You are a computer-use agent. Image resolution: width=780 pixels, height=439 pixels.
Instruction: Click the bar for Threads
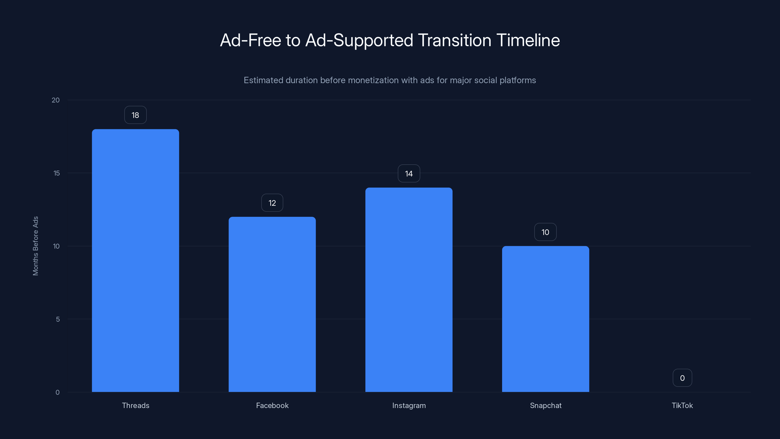click(x=135, y=260)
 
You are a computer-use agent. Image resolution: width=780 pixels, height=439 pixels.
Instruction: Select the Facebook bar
click(x=272, y=304)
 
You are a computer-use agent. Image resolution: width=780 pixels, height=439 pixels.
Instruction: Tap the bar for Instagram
click(x=409, y=290)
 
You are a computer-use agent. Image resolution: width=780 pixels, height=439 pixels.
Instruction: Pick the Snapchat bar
click(x=545, y=319)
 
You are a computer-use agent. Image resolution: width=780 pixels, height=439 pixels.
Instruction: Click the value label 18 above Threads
click(x=135, y=115)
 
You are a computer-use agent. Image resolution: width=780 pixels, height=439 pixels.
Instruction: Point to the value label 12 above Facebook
click(x=272, y=203)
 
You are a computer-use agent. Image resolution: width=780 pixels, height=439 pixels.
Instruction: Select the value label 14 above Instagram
click(x=409, y=174)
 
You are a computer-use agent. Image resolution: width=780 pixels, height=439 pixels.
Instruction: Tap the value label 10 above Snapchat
click(x=545, y=232)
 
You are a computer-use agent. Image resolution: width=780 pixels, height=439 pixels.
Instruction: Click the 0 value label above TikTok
click(x=682, y=378)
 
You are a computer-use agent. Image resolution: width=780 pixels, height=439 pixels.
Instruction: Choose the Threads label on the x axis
click(x=135, y=405)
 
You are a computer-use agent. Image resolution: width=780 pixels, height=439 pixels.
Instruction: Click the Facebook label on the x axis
click(x=272, y=405)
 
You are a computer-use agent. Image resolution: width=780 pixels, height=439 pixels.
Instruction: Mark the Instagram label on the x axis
click(x=409, y=405)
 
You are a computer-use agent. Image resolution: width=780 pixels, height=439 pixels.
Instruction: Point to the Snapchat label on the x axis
click(x=545, y=405)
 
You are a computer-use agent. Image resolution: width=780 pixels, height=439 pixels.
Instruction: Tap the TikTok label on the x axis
click(x=682, y=405)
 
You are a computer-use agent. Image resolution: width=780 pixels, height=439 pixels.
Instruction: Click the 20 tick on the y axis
click(x=56, y=100)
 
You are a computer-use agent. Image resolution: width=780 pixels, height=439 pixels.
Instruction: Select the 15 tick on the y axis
click(x=56, y=173)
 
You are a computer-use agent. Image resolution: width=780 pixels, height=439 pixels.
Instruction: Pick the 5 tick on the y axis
click(x=58, y=319)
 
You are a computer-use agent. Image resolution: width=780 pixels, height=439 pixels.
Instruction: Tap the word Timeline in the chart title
click(x=528, y=40)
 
